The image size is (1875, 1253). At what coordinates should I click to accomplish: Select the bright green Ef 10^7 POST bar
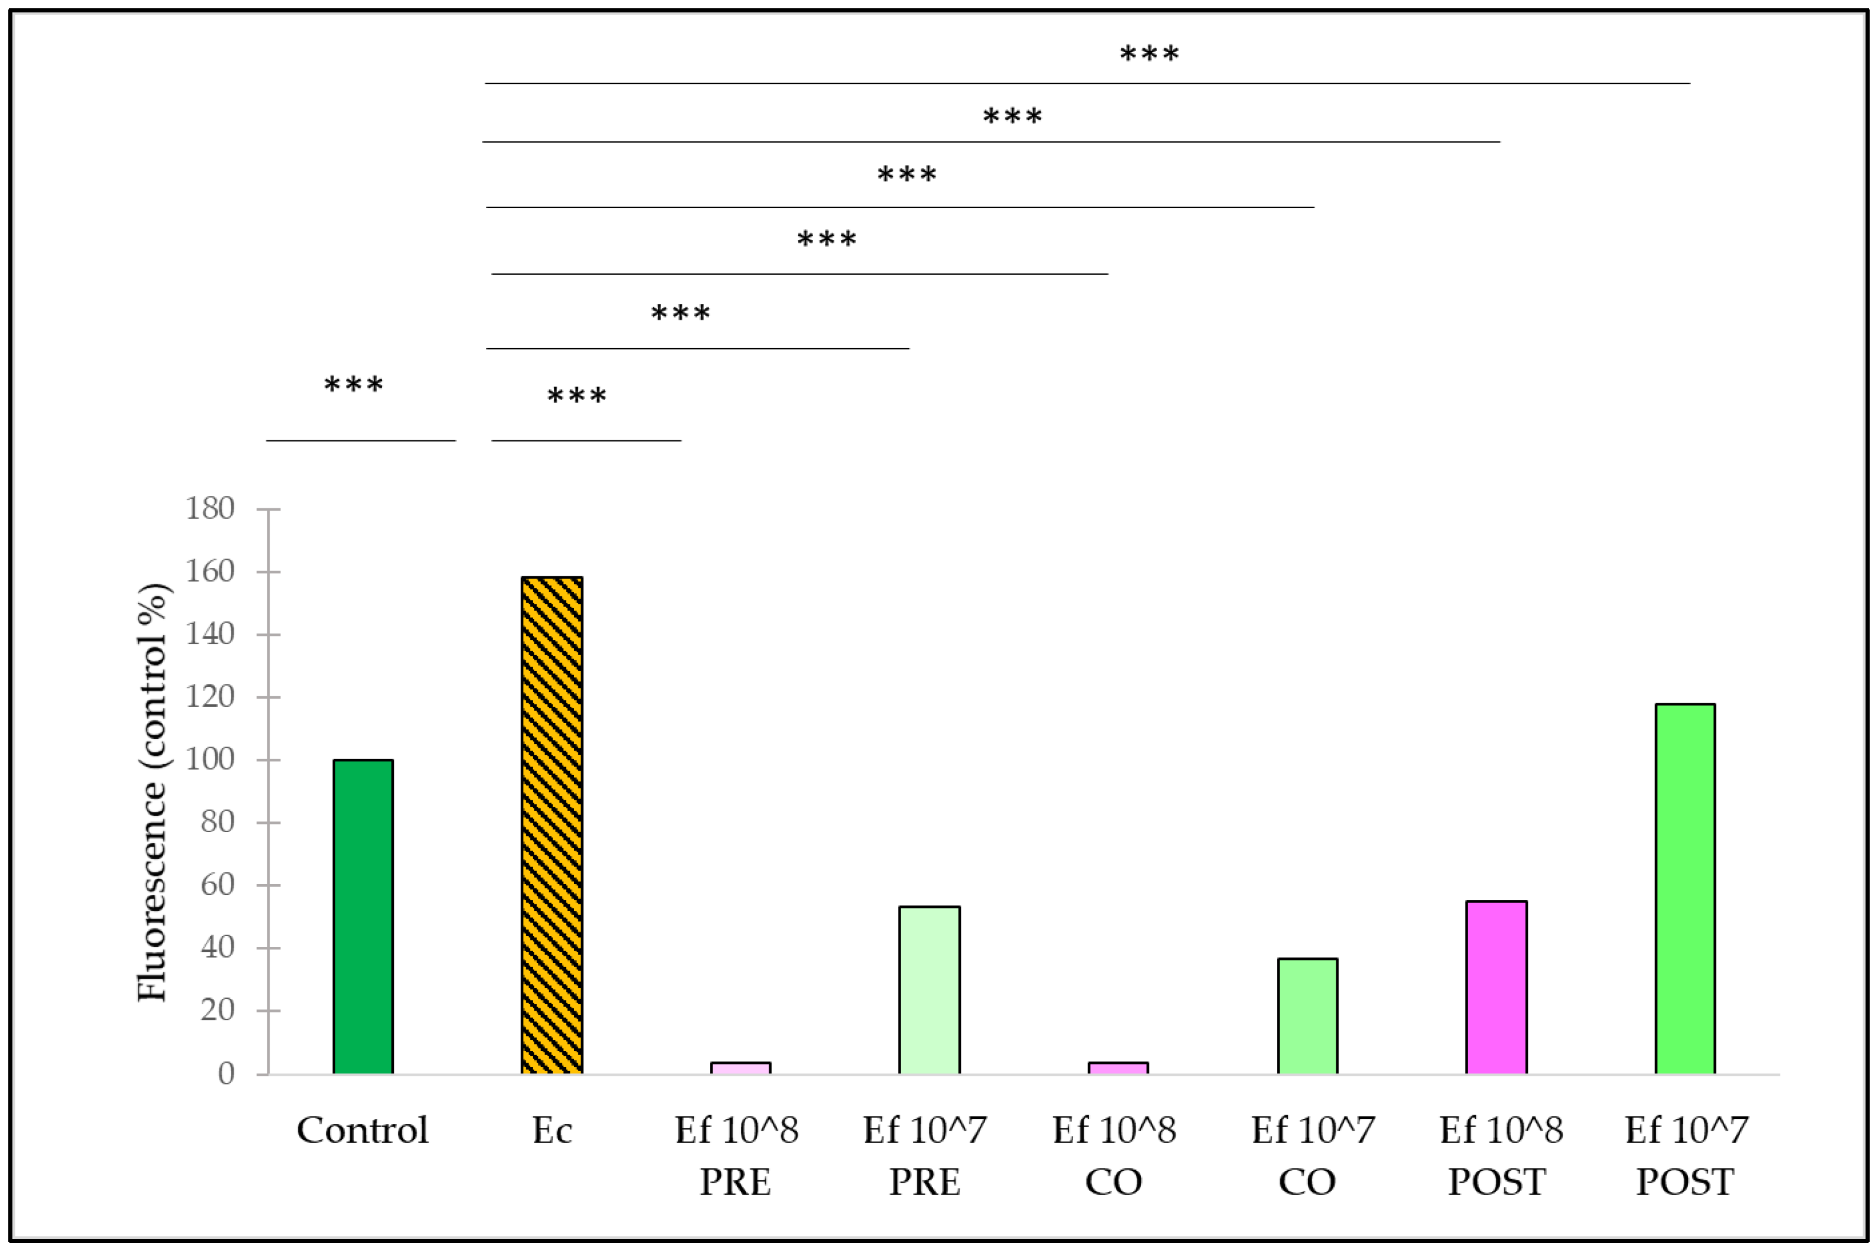pyautogui.click(x=1685, y=888)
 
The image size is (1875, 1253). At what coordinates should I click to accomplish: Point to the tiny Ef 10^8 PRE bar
pyautogui.click(x=740, y=1067)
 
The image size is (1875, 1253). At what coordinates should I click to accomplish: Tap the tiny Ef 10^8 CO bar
pyautogui.click(x=1118, y=1067)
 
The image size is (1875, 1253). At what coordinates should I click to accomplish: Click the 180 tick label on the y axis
pyautogui.click(x=210, y=508)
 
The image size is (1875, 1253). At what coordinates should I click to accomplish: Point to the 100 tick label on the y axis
pyautogui.click(x=210, y=760)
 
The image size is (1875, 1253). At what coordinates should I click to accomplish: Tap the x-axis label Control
pyautogui.click(x=363, y=1131)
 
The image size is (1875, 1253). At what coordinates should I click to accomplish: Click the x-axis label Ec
pyautogui.click(x=552, y=1131)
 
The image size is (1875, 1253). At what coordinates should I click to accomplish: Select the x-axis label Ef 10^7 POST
pyautogui.click(x=1686, y=1155)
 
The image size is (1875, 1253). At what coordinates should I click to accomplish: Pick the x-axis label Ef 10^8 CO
pyautogui.click(x=1114, y=1155)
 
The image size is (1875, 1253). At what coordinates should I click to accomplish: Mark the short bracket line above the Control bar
pyautogui.click(x=361, y=440)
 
